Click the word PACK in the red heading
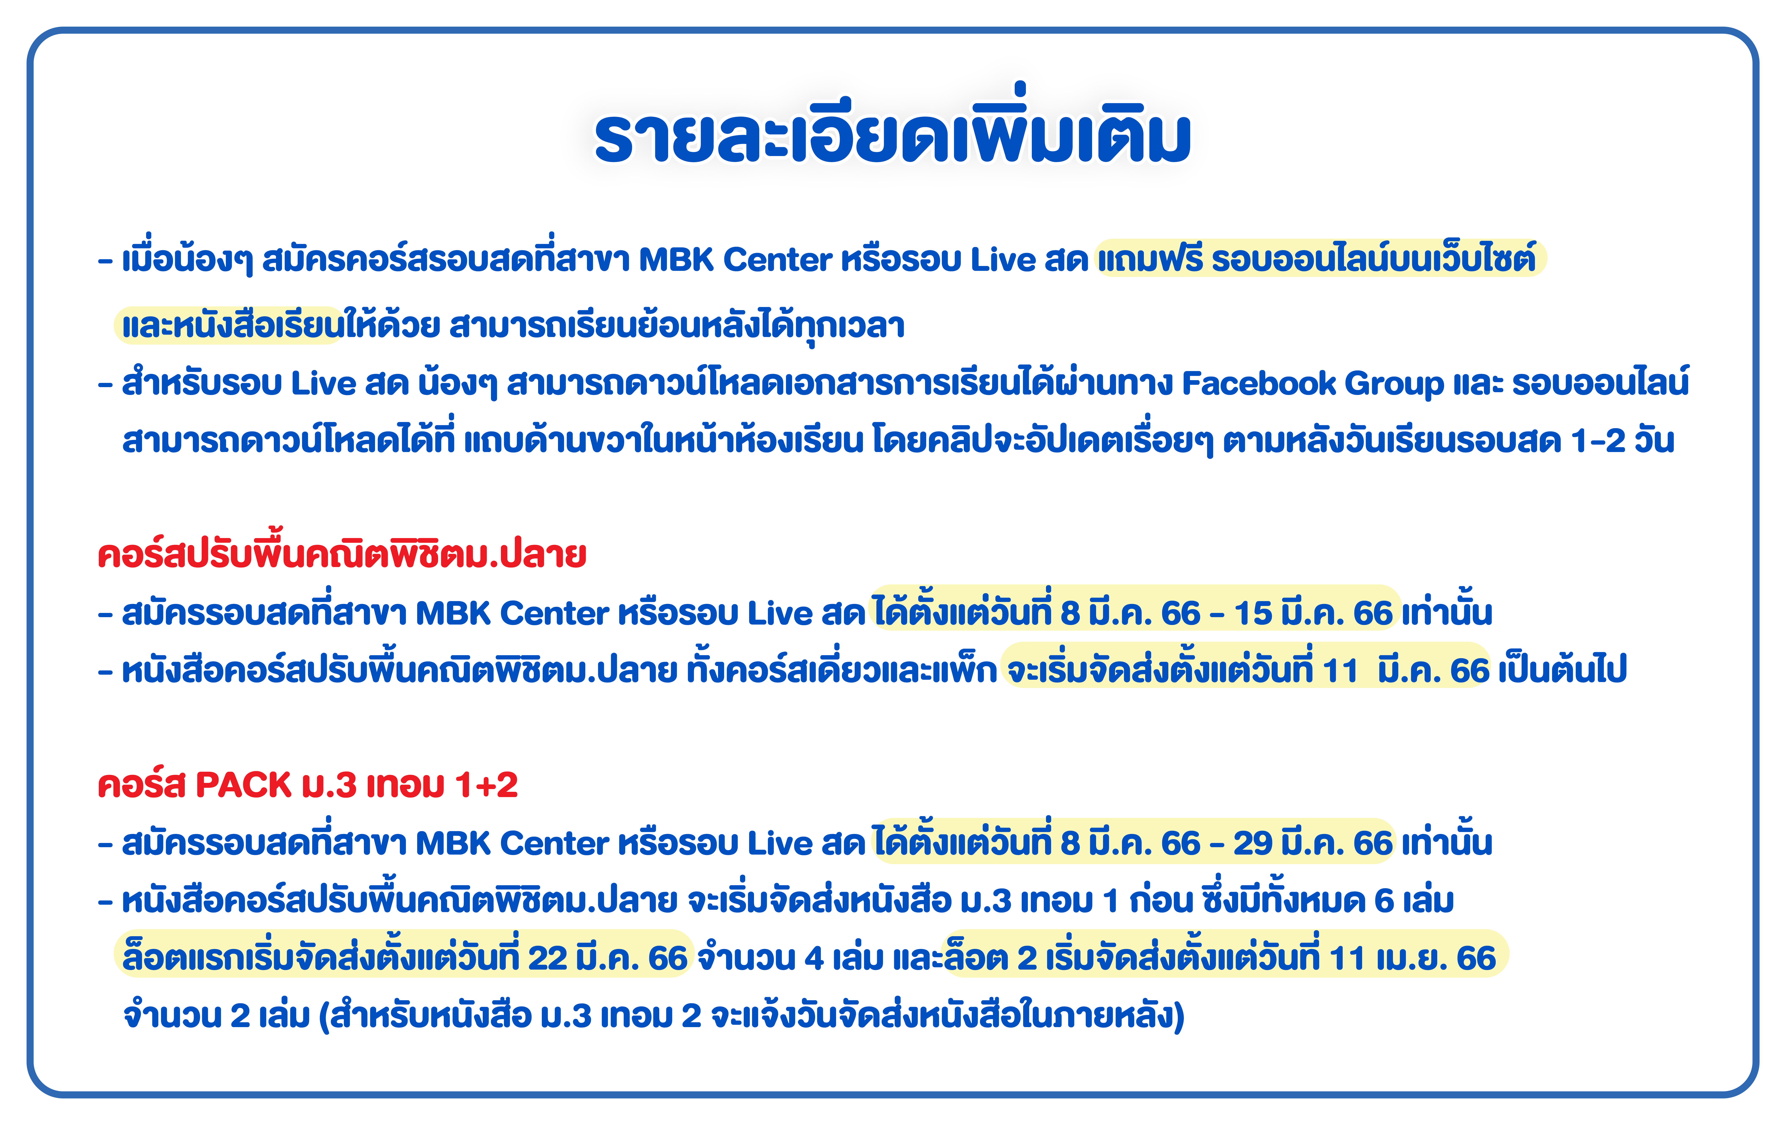coord(243,785)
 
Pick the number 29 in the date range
coord(1253,843)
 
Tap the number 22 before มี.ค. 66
coord(547,958)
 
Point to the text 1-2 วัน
coord(1622,441)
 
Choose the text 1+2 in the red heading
coord(487,785)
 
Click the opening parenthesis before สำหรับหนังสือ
coord(324,1016)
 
